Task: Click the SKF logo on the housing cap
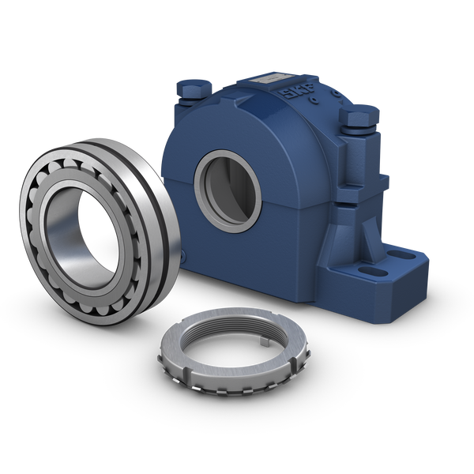298,92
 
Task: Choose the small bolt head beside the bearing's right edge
182,256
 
